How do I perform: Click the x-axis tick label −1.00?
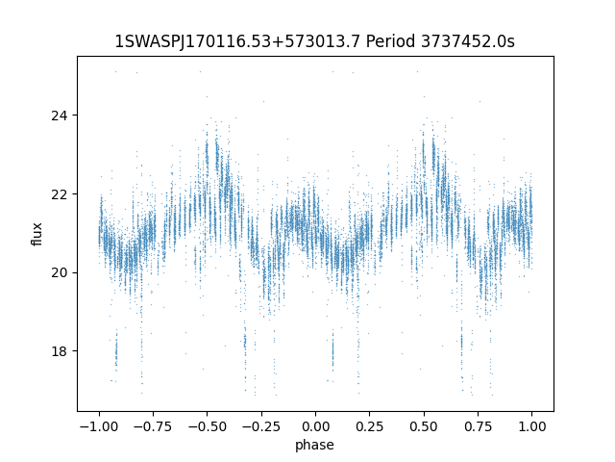(x=99, y=426)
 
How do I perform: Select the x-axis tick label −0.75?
(x=153, y=426)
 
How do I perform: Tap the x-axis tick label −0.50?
(x=208, y=426)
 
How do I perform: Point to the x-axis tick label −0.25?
(x=261, y=426)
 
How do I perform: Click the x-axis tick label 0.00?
(x=315, y=426)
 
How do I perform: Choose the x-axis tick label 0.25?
(x=369, y=426)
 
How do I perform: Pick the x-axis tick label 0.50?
(x=424, y=426)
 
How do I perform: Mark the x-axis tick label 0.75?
(x=478, y=426)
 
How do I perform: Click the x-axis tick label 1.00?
(x=531, y=426)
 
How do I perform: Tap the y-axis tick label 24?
(x=60, y=115)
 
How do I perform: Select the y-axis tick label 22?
(x=60, y=194)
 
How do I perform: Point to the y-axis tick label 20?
(x=60, y=272)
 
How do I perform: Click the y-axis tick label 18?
(x=60, y=350)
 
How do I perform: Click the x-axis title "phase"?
(x=314, y=445)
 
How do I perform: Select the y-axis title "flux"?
(x=37, y=234)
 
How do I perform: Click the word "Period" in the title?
(x=390, y=41)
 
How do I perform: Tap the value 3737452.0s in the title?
(x=468, y=41)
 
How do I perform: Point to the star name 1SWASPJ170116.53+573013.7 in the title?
(x=237, y=41)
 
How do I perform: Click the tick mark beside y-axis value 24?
(x=75, y=115)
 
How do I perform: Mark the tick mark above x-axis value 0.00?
(x=315, y=414)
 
